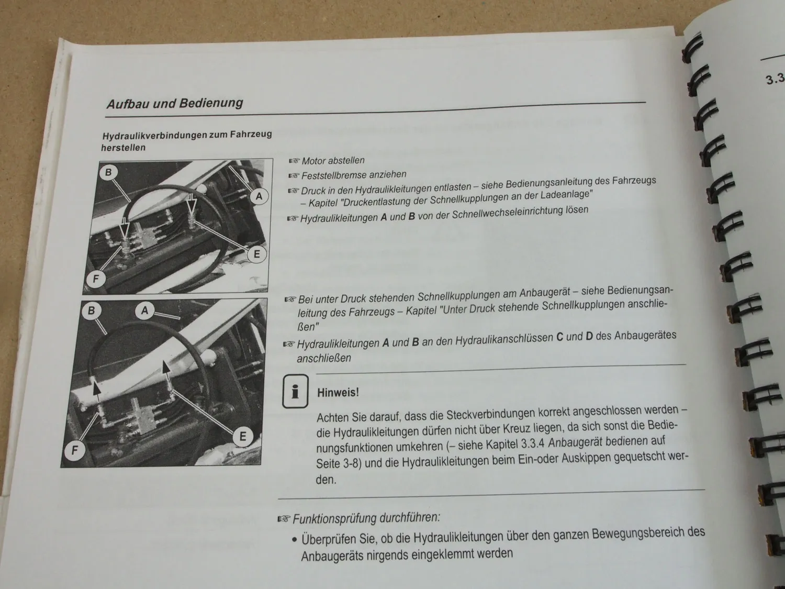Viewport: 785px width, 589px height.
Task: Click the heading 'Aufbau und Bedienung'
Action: click(175, 103)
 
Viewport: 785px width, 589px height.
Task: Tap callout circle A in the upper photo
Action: click(259, 197)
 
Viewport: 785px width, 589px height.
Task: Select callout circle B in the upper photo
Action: click(108, 172)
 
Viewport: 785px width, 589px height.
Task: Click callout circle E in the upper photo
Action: click(256, 254)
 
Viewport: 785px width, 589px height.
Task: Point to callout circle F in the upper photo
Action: click(95, 279)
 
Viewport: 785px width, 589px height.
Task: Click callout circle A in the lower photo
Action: click(145, 310)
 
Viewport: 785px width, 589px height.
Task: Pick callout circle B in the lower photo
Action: click(92, 310)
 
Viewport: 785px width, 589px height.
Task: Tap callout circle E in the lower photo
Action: click(242, 436)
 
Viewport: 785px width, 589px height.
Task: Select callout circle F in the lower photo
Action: click(75, 450)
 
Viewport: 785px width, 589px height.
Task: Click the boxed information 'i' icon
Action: click(295, 391)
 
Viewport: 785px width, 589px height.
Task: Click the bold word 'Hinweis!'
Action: click(338, 392)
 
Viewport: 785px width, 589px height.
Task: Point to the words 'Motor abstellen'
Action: click(333, 161)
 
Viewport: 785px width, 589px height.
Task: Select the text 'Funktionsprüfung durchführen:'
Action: click(366, 518)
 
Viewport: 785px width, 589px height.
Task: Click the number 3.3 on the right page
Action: click(775, 80)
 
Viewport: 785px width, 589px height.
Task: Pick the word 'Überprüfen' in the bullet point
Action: click(327, 539)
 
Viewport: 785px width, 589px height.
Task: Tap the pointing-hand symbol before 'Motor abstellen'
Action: click(294, 161)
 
